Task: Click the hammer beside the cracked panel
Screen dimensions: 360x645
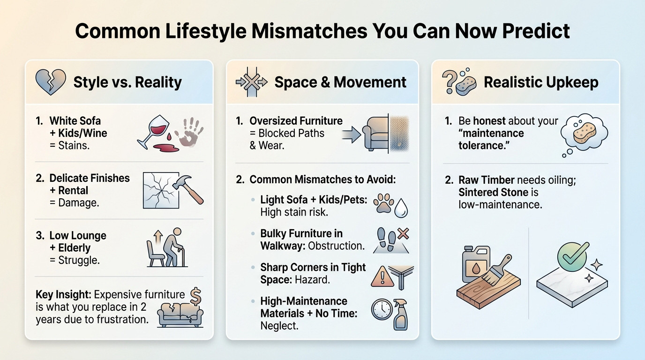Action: click(x=188, y=189)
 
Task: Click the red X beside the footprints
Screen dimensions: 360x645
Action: click(x=403, y=233)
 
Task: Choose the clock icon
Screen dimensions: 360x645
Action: click(x=381, y=309)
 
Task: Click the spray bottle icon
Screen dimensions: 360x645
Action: click(x=401, y=314)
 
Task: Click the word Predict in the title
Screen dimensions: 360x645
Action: click(x=536, y=31)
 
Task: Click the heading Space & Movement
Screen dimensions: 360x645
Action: click(x=340, y=82)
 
